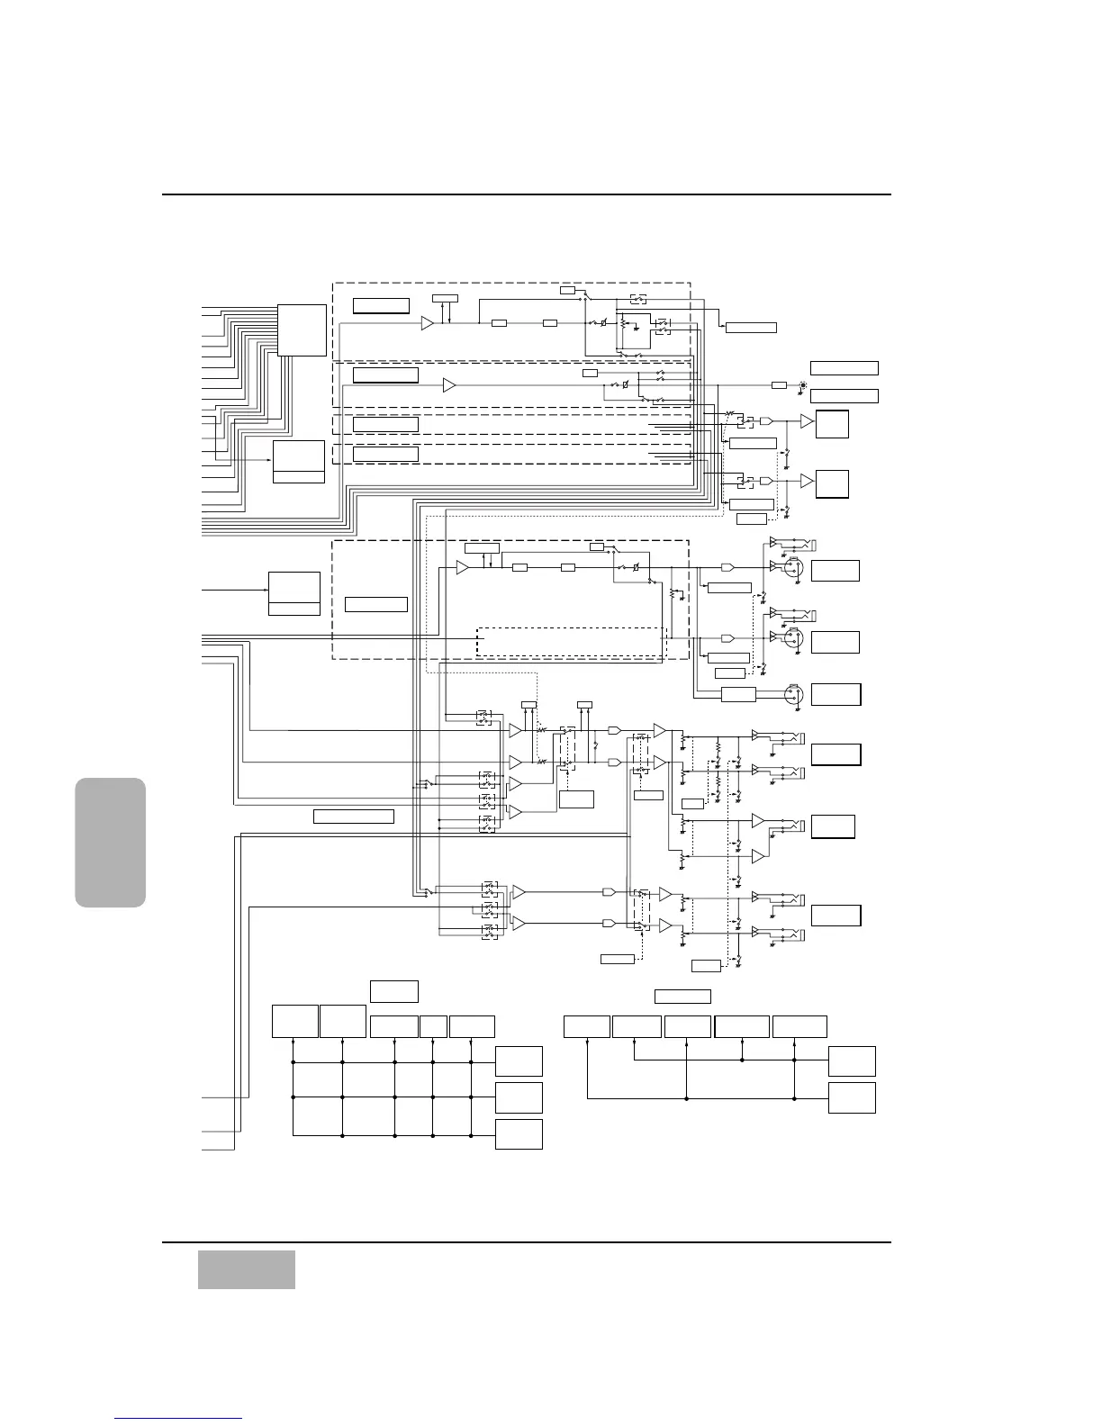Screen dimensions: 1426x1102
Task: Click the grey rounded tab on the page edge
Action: pos(111,842)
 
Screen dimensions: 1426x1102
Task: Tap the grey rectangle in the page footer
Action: pos(246,1269)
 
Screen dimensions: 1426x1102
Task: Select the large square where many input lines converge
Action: pos(302,330)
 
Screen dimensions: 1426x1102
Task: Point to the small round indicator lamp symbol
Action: pos(803,385)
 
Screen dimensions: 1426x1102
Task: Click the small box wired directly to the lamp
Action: pos(779,385)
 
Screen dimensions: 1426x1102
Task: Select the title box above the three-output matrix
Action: pos(393,991)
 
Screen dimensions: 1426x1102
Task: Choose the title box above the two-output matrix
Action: pos(682,996)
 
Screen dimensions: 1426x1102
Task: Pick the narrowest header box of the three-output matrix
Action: pos(433,1025)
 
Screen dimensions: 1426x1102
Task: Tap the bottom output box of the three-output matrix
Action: pos(518,1134)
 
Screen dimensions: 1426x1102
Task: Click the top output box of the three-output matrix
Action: pos(518,1061)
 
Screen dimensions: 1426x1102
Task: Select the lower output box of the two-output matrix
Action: pos(851,1098)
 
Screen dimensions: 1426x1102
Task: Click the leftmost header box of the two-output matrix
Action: pos(586,1025)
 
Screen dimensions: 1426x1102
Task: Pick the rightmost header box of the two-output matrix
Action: pos(799,1025)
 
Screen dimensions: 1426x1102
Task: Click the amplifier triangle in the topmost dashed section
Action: pos(428,323)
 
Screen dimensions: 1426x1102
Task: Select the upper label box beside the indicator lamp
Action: pos(844,367)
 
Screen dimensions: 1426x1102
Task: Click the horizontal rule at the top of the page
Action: pos(526,194)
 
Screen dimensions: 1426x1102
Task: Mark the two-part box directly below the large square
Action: pos(298,462)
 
